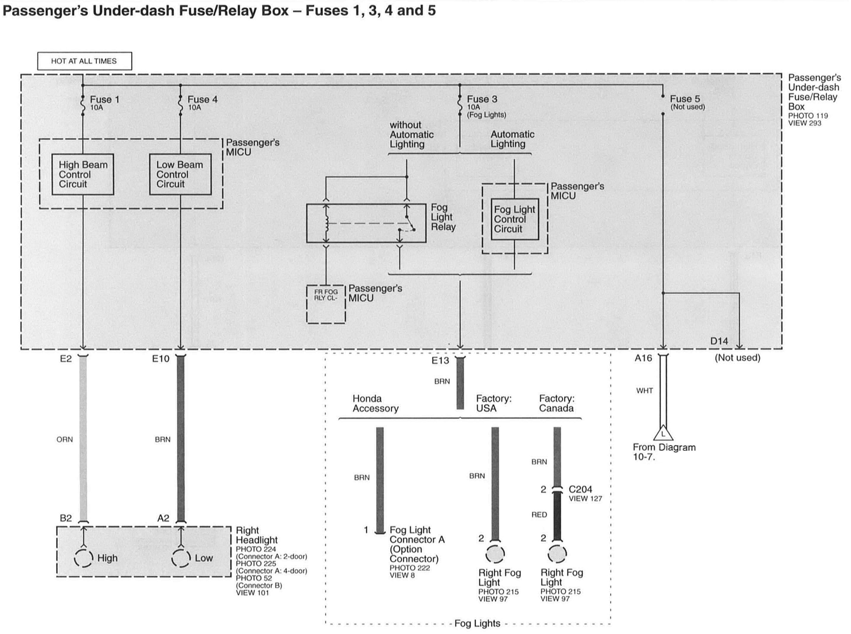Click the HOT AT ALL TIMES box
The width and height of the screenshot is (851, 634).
(85, 61)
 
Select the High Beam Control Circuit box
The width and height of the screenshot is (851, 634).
(83, 175)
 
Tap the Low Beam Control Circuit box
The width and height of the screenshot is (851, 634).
(180, 175)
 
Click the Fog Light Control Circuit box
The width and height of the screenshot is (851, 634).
(514, 219)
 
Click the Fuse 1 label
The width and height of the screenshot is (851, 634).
(104, 100)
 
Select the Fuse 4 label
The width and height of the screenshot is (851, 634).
(202, 100)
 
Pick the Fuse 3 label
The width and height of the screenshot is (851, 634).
(482, 99)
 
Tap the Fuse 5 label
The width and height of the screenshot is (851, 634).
(685, 99)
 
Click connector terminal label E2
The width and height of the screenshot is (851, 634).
(66, 359)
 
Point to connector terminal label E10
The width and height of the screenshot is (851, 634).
(160, 359)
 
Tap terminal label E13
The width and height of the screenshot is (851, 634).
(440, 361)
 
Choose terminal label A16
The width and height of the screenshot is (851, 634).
(643, 358)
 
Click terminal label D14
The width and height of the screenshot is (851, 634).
(719, 341)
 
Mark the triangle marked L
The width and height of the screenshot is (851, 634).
(663, 434)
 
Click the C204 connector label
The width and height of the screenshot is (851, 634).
(580, 489)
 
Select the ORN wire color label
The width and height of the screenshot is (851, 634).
(64, 439)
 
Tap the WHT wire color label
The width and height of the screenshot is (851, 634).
(644, 391)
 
